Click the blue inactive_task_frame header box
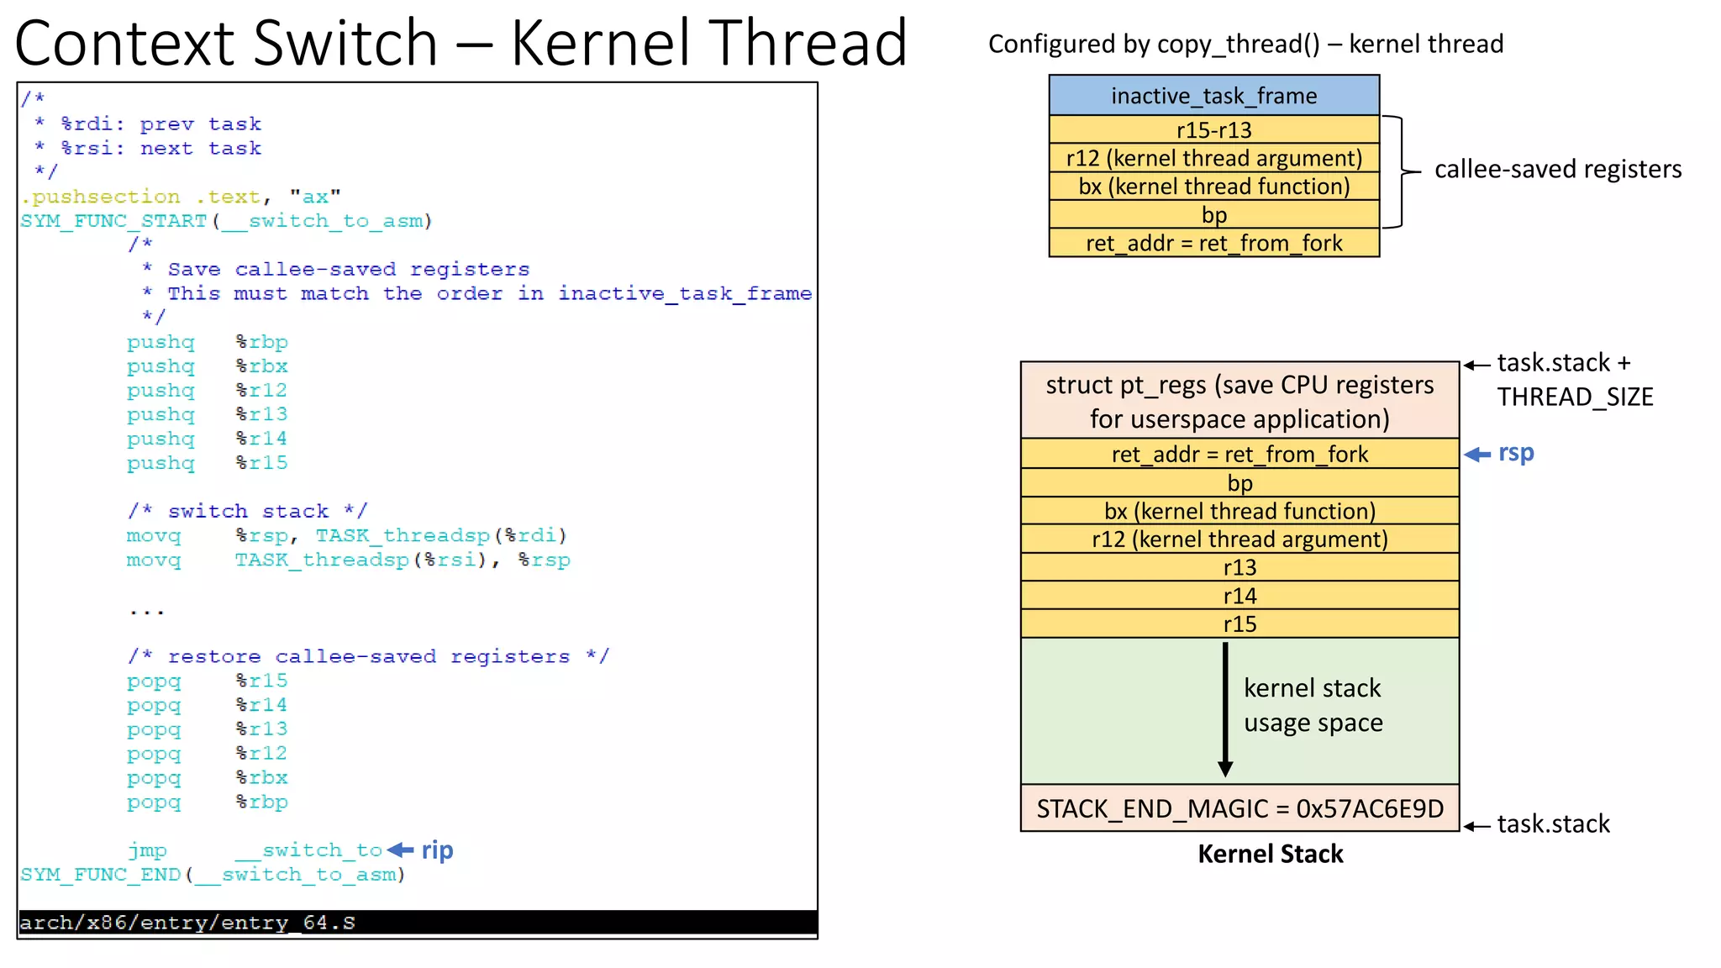click(1213, 96)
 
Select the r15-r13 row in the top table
click(1213, 130)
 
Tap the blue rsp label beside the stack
click(1516, 454)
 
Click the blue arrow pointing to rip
click(401, 850)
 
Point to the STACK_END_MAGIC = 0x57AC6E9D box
click(1239, 808)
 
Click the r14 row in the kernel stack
click(1239, 596)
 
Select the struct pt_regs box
click(1239, 402)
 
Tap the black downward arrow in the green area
click(1225, 710)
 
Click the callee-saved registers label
click(1557, 170)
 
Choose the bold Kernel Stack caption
click(1270, 855)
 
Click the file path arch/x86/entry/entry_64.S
click(187, 923)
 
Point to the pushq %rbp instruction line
click(208, 343)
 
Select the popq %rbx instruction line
click(208, 778)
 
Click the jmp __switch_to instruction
click(255, 850)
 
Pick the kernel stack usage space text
click(1313, 706)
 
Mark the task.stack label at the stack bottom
click(1553, 824)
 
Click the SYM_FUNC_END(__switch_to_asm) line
click(213, 875)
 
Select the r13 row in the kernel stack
click(1239, 567)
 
